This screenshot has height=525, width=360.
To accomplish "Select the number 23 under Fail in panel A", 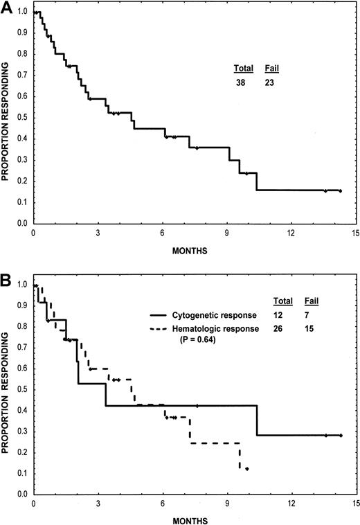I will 272,82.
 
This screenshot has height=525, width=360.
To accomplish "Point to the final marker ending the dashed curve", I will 247,469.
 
